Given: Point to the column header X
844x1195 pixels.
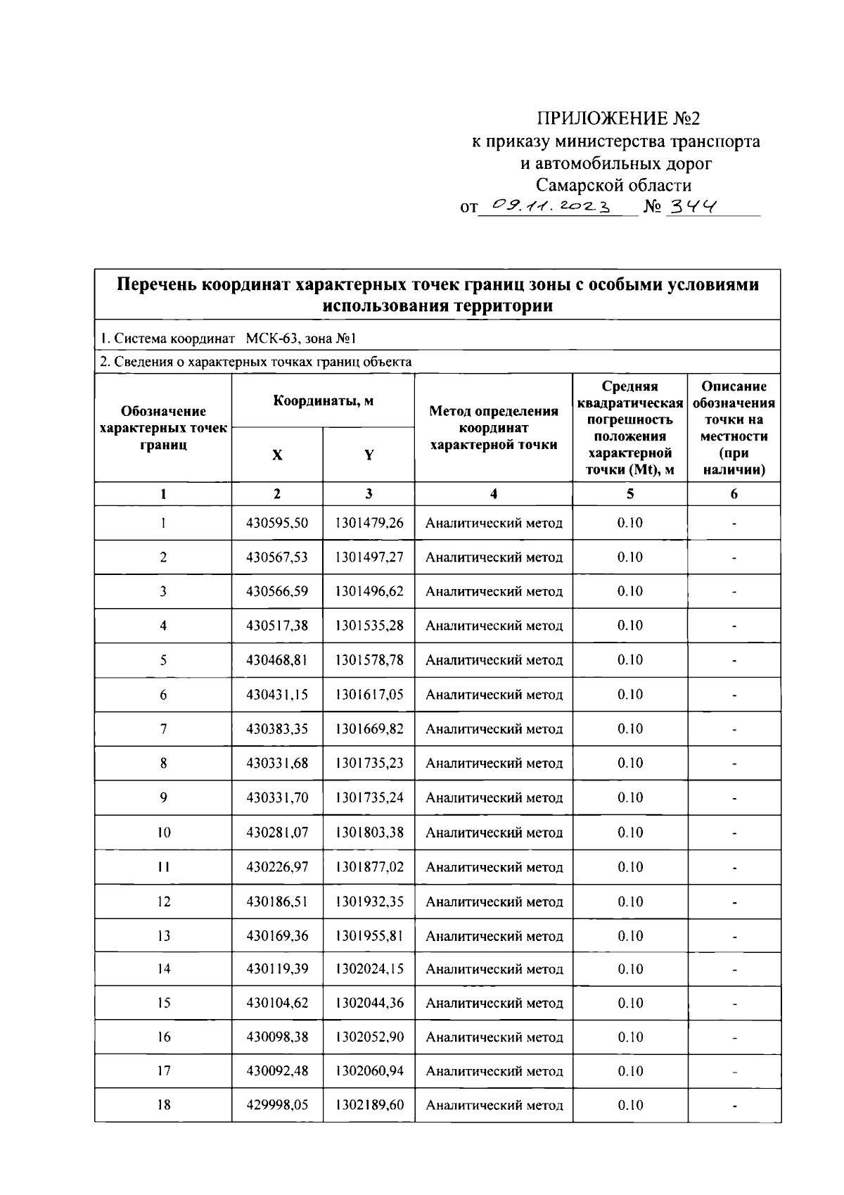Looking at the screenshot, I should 277,455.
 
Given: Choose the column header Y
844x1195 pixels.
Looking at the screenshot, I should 369,455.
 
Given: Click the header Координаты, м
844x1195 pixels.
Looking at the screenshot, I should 323,401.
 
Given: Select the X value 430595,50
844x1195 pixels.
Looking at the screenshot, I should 277,523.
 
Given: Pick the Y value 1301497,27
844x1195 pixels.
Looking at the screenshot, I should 369,557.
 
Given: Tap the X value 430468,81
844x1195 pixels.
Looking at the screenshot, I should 277,660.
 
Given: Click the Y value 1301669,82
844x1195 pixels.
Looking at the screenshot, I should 369,729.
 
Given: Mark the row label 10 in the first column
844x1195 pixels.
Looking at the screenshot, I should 163,833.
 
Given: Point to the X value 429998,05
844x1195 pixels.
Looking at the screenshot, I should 277,1105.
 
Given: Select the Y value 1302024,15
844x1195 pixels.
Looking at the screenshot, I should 369,969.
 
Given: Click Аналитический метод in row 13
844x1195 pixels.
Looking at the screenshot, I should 494,936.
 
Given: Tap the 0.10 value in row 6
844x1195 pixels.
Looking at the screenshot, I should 629,695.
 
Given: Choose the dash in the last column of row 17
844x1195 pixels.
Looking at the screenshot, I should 734,1072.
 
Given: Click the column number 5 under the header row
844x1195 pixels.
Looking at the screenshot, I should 629,494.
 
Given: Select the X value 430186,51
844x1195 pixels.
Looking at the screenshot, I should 277,902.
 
